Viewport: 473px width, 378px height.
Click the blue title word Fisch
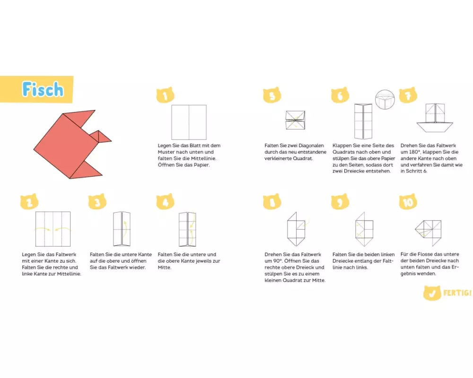point(43,89)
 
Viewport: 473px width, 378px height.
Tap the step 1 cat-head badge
point(165,95)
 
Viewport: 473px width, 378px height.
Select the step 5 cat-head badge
point(272,95)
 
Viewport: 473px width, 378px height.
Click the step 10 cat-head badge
point(408,202)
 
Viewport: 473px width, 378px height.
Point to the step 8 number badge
point(272,202)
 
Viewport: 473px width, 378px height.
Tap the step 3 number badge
point(97,202)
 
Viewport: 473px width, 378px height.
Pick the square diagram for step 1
point(189,122)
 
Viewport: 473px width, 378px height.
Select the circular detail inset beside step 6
point(385,100)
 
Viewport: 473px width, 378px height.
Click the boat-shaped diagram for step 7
point(435,118)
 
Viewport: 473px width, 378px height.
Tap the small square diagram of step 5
point(295,120)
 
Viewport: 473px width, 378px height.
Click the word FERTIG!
point(457,292)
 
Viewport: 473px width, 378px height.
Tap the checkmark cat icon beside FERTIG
point(432,293)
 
